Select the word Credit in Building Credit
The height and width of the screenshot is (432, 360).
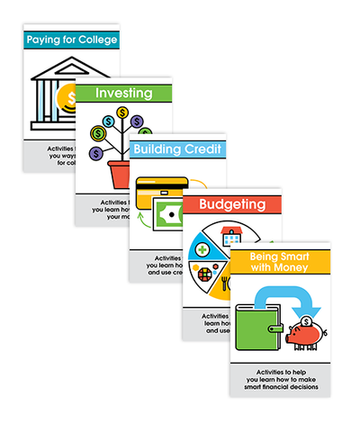tap(200, 148)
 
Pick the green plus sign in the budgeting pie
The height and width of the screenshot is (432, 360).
tap(204, 249)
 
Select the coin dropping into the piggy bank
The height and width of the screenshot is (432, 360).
tap(308, 321)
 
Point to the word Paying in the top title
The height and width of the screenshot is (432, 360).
tap(43, 40)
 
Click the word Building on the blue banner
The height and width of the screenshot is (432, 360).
tap(157, 148)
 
